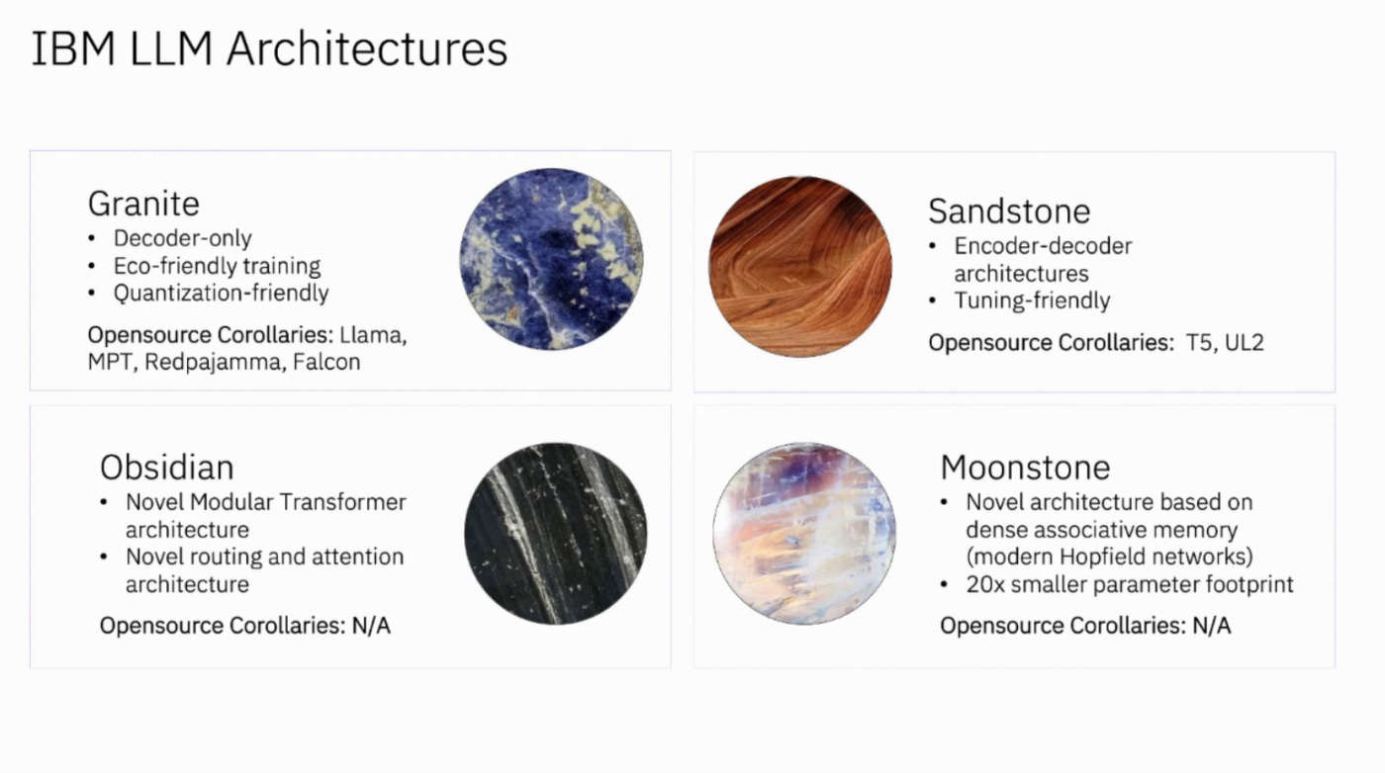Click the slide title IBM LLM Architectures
(269, 48)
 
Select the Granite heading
(143, 204)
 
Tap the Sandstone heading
(1009, 212)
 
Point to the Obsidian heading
(167, 468)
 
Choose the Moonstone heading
(1025, 468)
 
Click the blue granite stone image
(552, 259)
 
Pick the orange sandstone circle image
(800, 267)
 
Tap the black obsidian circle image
(556, 534)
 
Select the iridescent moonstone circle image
(804, 534)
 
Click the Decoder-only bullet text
(182, 238)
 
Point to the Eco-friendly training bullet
(217, 266)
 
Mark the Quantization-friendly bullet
(221, 294)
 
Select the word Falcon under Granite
(326, 362)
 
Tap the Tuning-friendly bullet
(1032, 301)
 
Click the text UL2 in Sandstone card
(1245, 342)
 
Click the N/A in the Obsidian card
(371, 626)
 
